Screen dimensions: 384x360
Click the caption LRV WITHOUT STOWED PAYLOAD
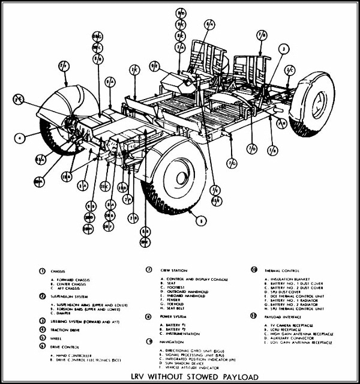click(180, 376)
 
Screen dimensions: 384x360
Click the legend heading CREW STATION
click(173, 270)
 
